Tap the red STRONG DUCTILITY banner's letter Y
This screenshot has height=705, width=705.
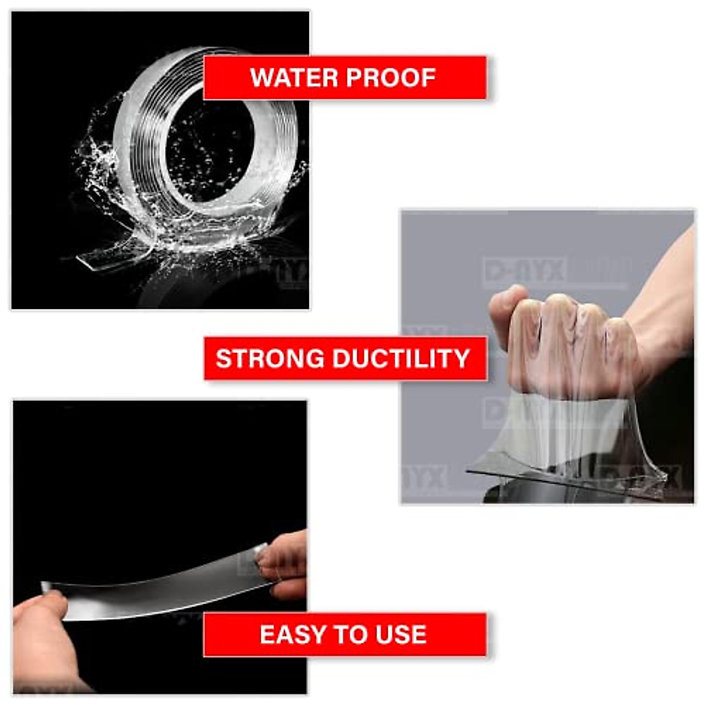pyautogui.click(x=459, y=358)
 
